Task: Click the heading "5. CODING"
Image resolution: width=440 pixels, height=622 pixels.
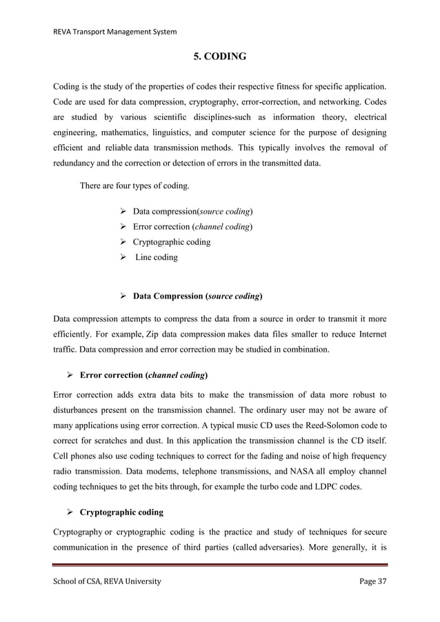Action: click(x=220, y=57)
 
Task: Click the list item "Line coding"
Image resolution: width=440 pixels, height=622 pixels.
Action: click(x=157, y=257)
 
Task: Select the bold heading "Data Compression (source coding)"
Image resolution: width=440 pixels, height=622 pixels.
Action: click(x=197, y=297)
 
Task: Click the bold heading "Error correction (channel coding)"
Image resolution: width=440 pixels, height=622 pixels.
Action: click(x=144, y=375)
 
